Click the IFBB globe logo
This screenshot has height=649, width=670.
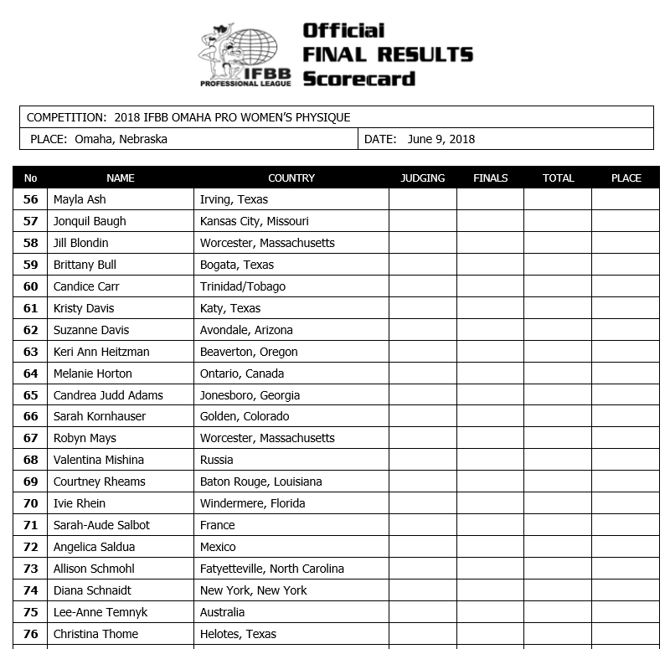245,55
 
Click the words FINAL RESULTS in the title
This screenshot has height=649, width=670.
388,55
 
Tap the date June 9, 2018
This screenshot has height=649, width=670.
441,139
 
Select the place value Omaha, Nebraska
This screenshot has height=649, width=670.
121,139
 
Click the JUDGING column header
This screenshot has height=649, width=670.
422,178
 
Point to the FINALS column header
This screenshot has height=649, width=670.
490,178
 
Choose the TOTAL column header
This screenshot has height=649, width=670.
558,178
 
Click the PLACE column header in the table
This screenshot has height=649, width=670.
626,178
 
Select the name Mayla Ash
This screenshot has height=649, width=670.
80,199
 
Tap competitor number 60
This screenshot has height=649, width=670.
31,286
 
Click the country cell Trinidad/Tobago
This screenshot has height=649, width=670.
242,286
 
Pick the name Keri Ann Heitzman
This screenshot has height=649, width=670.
101,352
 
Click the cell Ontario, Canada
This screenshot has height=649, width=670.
241,373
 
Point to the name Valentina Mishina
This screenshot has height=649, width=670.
98,460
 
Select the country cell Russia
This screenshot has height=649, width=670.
216,460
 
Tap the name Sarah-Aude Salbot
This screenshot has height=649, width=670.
101,525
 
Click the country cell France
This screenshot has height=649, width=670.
217,525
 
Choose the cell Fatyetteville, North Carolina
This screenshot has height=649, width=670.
271,569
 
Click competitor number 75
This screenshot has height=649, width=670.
31,612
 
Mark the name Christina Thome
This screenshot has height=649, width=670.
95,634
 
